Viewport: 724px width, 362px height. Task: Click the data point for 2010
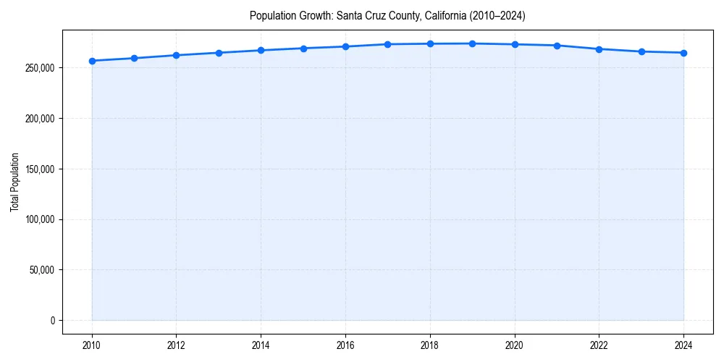pyautogui.click(x=92, y=61)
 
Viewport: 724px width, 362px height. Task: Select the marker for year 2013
pyautogui.click(x=219, y=53)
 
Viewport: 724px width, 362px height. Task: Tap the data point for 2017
pyautogui.click(x=388, y=44)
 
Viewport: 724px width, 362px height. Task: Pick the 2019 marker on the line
pyautogui.click(x=472, y=43)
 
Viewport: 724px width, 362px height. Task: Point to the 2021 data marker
pyautogui.click(x=557, y=46)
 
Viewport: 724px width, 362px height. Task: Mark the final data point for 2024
pyautogui.click(x=683, y=53)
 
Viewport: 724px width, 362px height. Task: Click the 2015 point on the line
pyautogui.click(x=303, y=49)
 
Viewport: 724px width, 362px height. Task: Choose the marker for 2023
pyautogui.click(x=641, y=51)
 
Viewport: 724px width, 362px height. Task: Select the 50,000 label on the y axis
pyautogui.click(x=41, y=270)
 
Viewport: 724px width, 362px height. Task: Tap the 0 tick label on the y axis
pyautogui.click(x=51, y=321)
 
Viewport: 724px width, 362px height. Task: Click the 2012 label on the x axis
pyautogui.click(x=176, y=345)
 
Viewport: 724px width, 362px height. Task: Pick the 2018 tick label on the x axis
pyautogui.click(x=430, y=345)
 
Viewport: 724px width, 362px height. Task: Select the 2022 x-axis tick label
pyautogui.click(x=599, y=345)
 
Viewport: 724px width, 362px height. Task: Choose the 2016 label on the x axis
pyautogui.click(x=345, y=345)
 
